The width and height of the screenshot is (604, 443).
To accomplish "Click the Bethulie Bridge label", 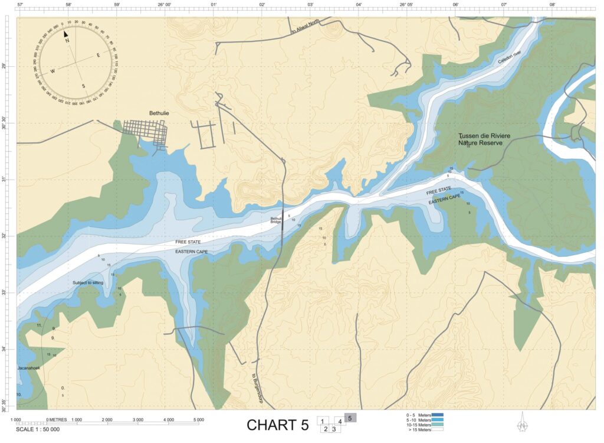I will pos(275,220).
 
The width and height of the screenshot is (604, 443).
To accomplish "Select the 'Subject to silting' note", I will pos(92,282).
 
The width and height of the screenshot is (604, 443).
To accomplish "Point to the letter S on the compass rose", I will pos(83,86).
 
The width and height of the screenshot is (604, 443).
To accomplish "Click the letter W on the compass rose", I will pos(52,71).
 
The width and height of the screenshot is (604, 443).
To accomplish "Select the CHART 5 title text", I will pos(277,425).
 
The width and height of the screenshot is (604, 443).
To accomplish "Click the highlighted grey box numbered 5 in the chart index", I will pos(350,418).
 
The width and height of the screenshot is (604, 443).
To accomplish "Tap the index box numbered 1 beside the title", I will pos(323,421).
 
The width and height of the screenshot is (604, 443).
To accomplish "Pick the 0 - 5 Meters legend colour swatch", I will pos(437,415).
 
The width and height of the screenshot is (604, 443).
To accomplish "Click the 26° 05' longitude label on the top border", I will pos(406,4).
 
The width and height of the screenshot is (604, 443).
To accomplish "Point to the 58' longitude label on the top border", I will pos(69,4).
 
